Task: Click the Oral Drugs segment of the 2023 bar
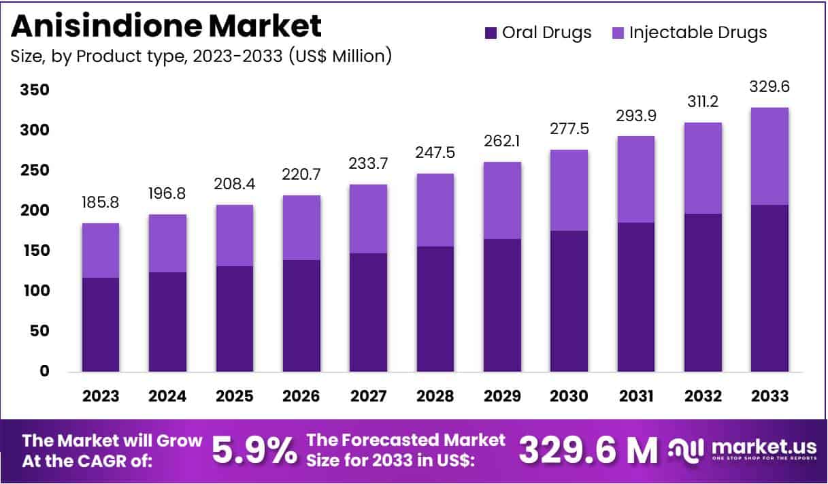101,324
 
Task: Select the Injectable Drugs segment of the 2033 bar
770,156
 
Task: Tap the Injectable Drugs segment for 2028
435,210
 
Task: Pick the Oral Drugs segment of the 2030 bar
569,301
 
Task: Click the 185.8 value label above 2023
101,202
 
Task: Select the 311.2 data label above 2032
703,101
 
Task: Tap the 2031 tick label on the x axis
636,396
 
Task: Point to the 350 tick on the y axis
35,90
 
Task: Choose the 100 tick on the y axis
35,291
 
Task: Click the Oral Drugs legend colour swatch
491,33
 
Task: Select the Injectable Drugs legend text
698,32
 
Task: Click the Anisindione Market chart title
166,26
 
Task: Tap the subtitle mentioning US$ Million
201,56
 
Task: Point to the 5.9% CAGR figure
254,450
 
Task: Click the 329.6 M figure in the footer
589,450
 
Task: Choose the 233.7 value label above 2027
369,163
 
